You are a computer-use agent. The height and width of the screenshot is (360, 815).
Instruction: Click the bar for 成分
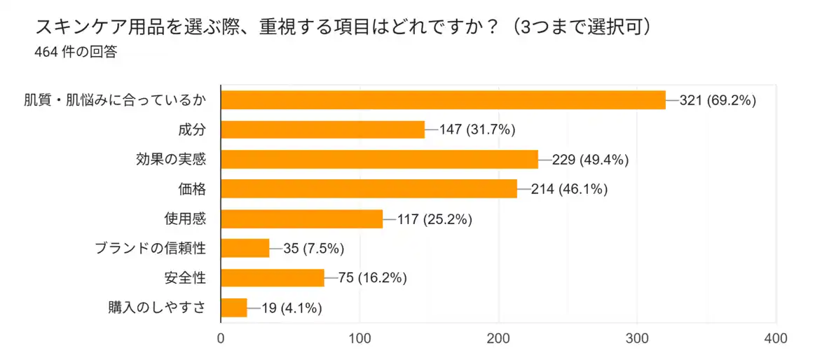(322, 130)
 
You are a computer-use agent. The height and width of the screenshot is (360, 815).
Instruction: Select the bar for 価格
(369, 189)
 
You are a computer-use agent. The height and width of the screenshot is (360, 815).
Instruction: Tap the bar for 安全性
(273, 278)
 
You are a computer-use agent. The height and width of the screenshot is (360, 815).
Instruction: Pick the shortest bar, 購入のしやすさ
(234, 307)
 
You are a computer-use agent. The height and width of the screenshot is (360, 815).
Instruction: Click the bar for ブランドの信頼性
(245, 248)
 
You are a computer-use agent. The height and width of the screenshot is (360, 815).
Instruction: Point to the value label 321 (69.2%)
(718, 100)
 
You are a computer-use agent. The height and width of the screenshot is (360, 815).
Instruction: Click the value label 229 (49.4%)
(590, 160)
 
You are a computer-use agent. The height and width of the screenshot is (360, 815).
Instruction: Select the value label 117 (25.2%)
(434, 219)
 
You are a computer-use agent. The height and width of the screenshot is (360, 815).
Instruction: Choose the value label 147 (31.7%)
(477, 130)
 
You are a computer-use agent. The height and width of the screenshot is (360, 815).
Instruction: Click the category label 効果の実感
(171, 159)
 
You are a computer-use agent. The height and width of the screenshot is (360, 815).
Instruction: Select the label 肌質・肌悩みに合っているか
(115, 100)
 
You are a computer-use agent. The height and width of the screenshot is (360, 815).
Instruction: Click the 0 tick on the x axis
(221, 338)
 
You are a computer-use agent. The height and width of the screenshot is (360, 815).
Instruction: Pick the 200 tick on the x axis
(499, 338)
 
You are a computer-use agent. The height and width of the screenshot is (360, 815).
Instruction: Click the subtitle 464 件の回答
(76, 52)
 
